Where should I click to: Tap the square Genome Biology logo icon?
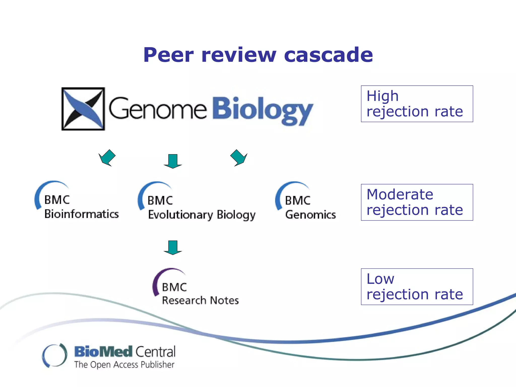[83, 109]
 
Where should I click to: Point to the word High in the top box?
[382, 96]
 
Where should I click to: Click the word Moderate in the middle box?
[400, 195]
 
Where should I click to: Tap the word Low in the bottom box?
[380, 279]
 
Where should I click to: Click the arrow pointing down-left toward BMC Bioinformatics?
[107, 158]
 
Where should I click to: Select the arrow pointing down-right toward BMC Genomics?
[238, 158]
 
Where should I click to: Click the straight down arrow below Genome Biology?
[173, 161]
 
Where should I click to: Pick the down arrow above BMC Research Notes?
[173, 248]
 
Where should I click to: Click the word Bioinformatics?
[81, 214]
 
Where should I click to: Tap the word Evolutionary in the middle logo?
[180, 215]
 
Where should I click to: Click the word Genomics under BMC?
[310, 215]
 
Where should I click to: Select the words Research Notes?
[200, 300]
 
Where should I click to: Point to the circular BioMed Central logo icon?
[55, 355]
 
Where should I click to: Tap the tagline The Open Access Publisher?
[124, 365]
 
